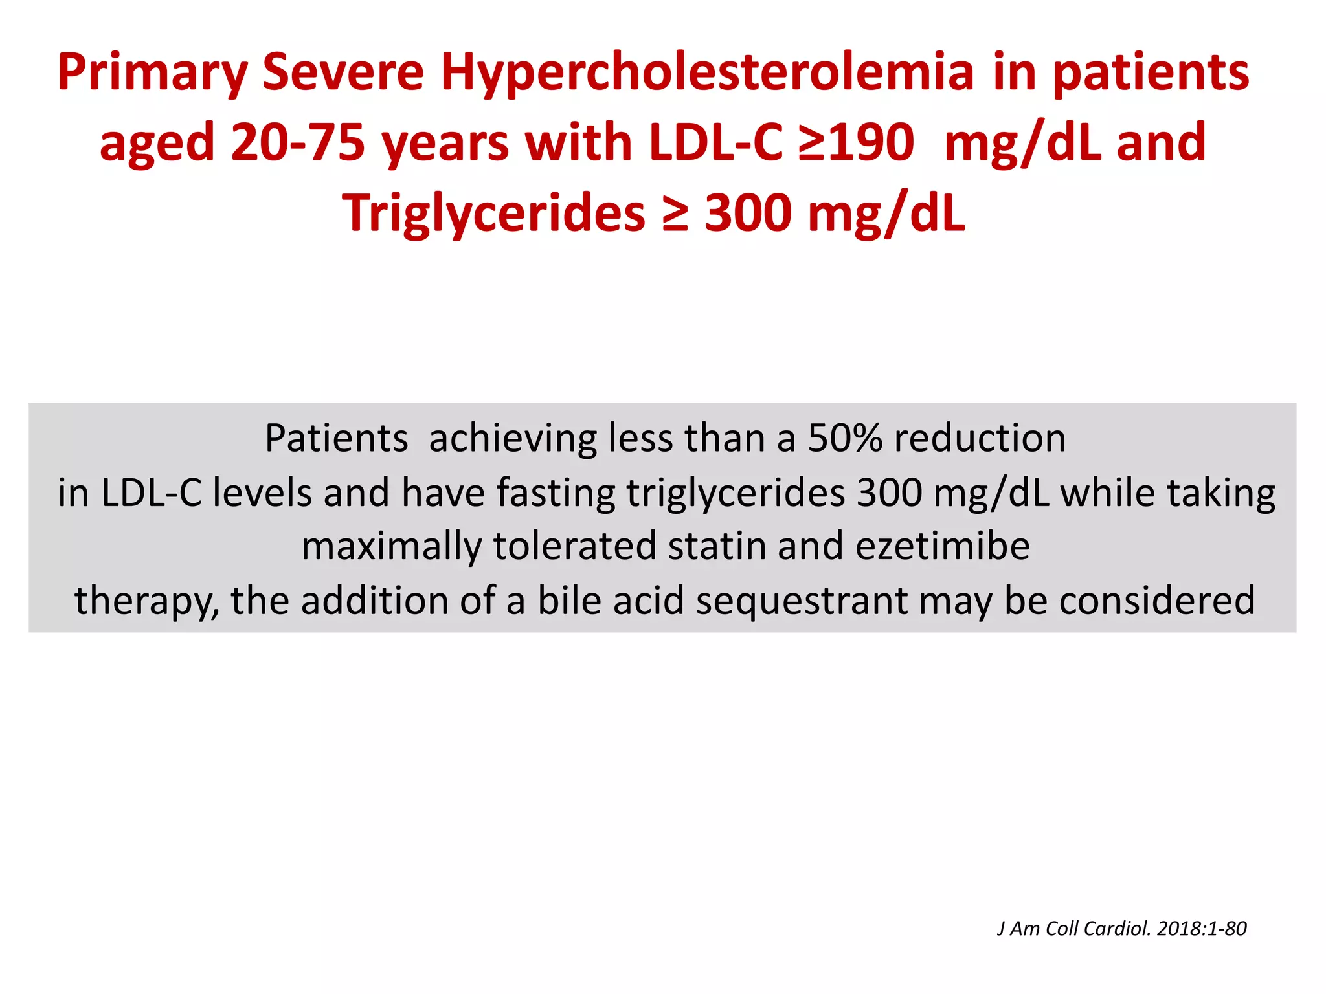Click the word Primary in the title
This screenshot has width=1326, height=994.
point(152,72)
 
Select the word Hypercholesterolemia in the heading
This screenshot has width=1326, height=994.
point(707,72)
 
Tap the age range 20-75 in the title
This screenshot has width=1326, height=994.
point(298,143)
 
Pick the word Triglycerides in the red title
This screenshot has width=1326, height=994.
point(493,213)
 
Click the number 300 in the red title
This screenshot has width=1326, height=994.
point(748,213)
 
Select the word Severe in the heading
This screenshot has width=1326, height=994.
point(343,72)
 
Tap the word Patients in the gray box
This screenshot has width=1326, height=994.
point(336,439)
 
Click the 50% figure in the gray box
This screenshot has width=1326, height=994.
point(845,439)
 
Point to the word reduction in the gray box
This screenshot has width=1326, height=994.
point(980,439)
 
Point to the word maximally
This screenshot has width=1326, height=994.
point(391,546)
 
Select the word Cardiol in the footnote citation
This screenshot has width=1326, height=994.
point(1118,929)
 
